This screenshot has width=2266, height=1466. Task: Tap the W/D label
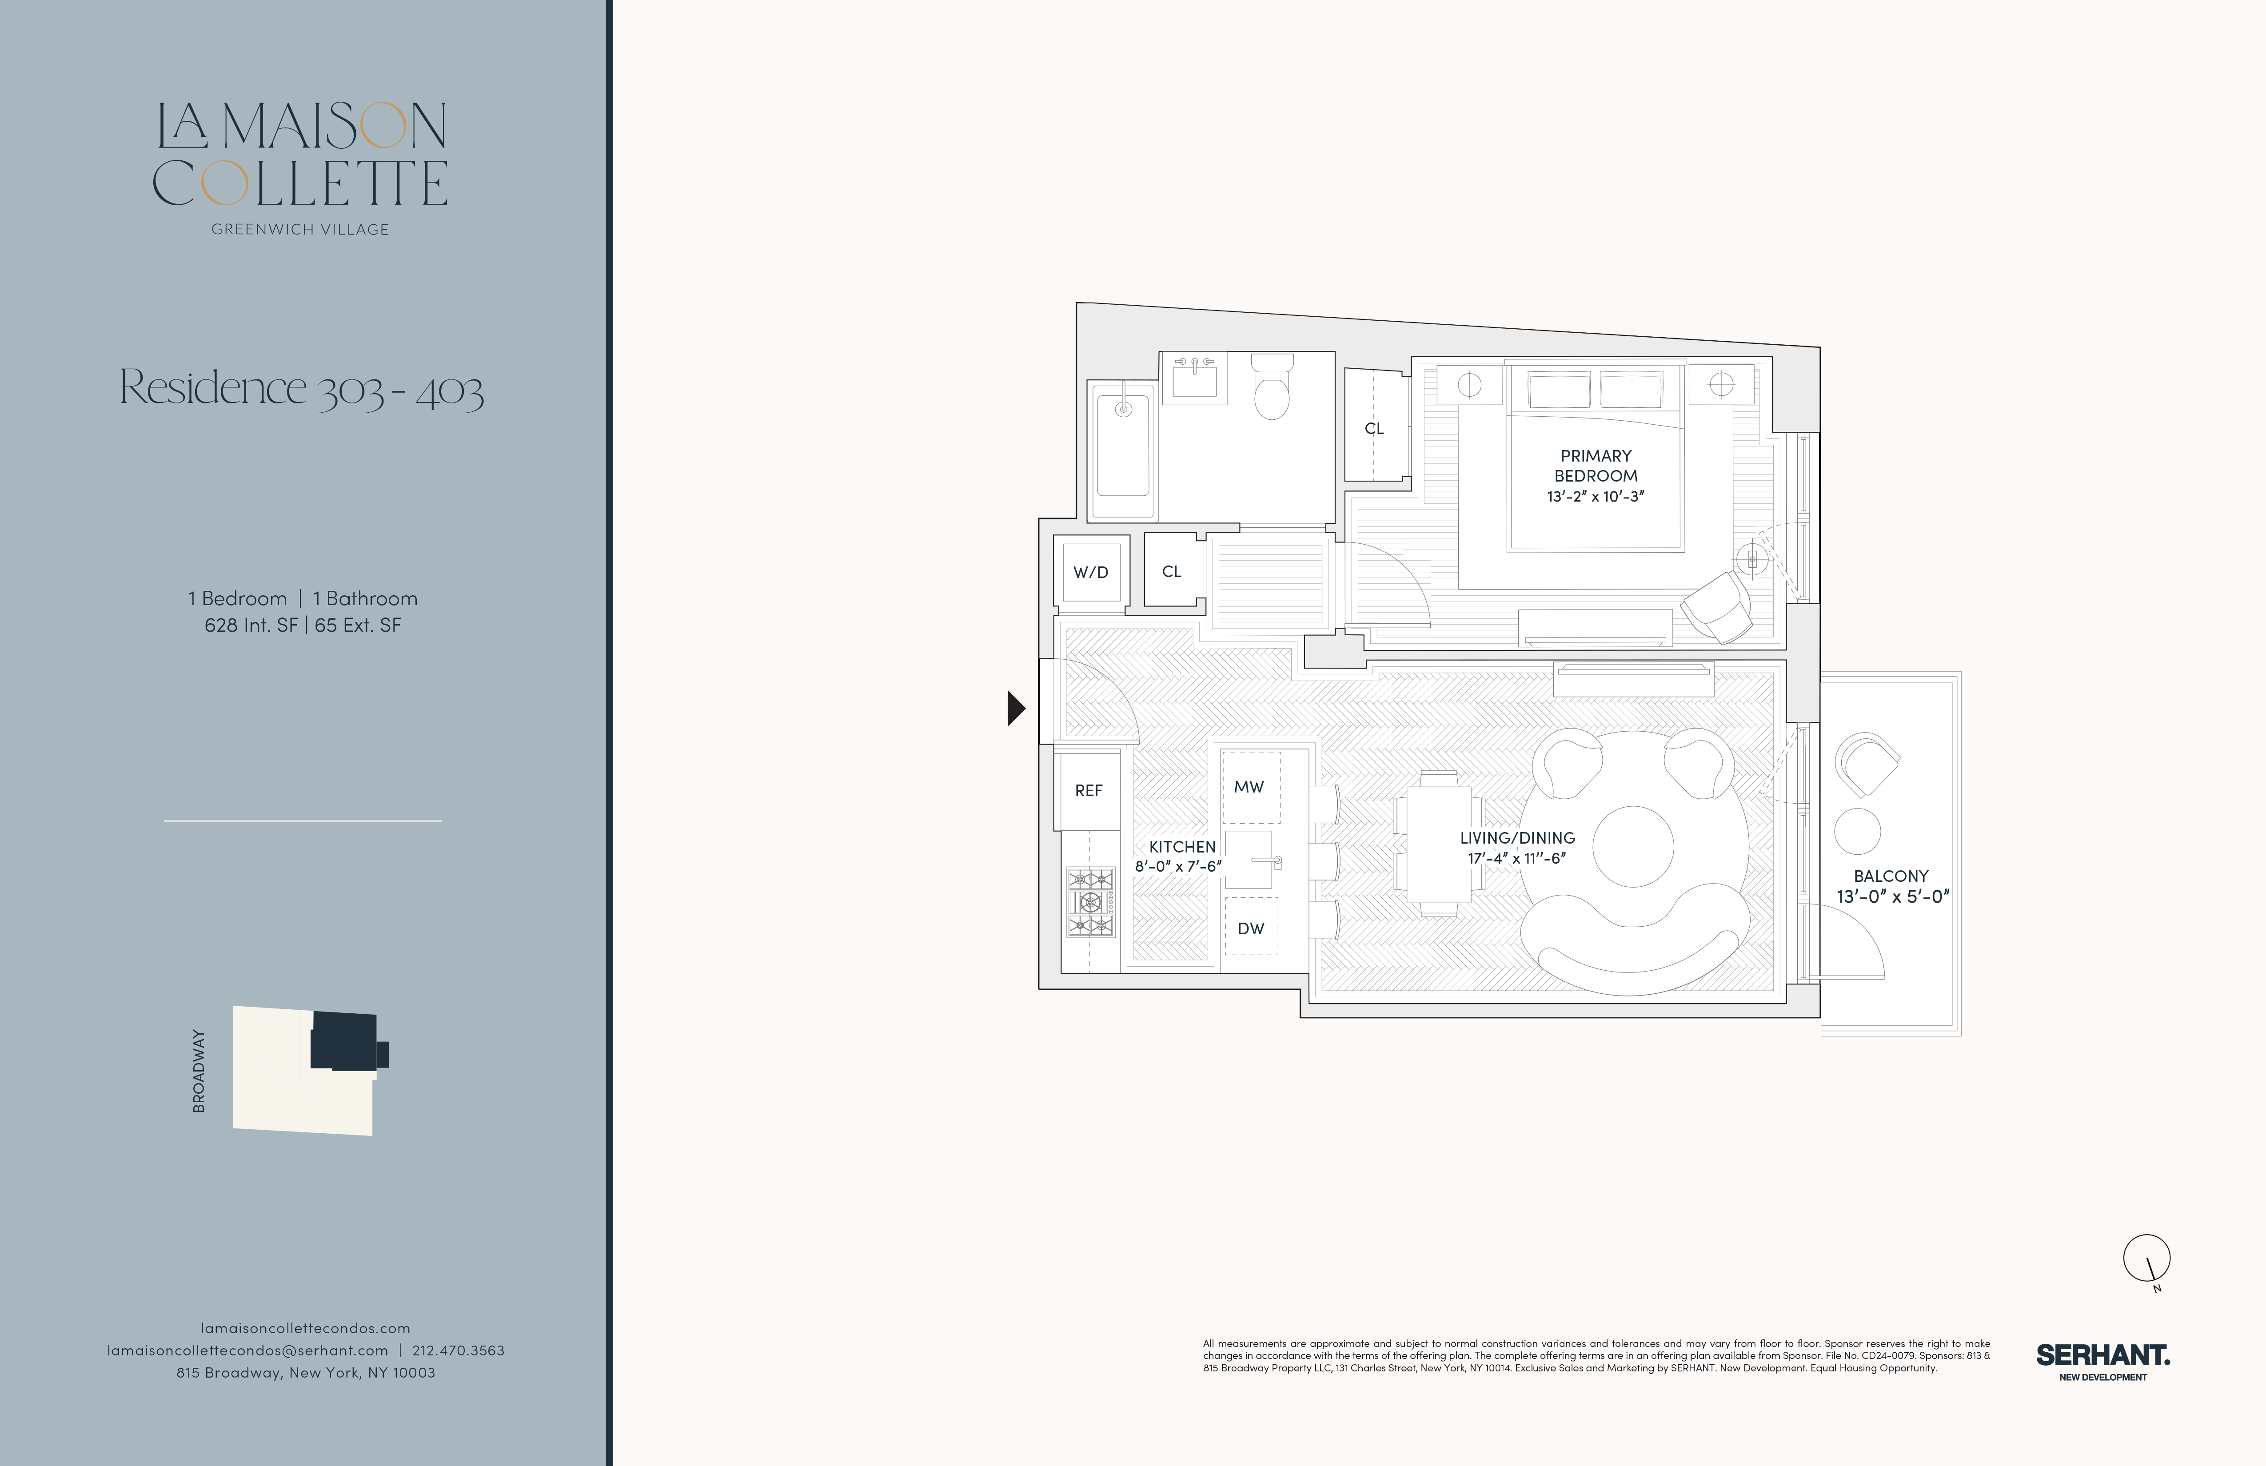[x=1091, y=572]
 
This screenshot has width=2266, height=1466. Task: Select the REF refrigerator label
[x=1088, y=790]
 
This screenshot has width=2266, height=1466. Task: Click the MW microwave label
[x=1249, y=786]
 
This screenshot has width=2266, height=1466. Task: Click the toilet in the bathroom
[x=1272, y=386]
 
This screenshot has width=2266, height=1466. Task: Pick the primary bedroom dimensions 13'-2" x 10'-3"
[x=1596, y=496]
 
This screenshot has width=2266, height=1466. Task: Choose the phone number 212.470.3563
[x=458, y=1350]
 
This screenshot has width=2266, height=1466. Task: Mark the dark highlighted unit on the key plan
[x=345, y=1041]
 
